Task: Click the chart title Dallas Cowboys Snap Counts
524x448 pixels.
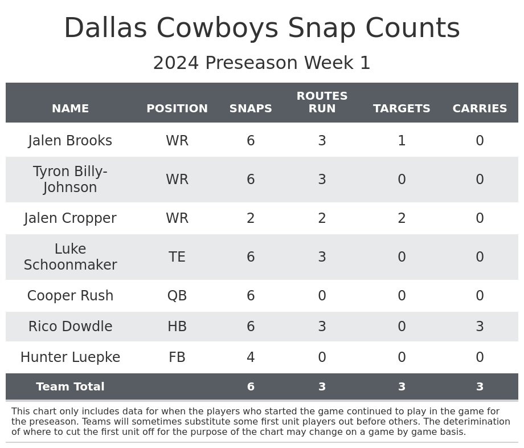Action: [261, 28]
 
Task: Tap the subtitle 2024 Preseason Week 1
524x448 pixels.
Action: [261, 63]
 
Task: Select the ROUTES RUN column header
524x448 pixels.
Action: [322, 103]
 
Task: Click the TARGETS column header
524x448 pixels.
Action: [402, 109]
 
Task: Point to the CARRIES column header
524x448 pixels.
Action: [480, 109]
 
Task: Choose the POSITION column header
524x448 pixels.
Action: [177, 109]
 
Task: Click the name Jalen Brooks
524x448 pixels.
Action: [70, 141]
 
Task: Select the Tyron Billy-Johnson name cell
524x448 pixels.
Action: [70, 180]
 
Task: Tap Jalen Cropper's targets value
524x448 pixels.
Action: [402, 218]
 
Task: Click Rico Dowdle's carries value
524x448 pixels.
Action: [480, 327]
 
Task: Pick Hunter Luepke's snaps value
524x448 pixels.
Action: [251, 357]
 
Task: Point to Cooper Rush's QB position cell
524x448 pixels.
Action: [177, 296]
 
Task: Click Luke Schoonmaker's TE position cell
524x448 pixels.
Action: [177, 257]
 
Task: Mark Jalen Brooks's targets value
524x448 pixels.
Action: [402, 141]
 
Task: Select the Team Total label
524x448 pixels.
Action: [70, 387]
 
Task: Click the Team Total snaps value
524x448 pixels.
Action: [251, 387]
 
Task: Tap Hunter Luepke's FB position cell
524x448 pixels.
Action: [177, 357]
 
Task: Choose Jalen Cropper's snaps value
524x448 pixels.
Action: [251, 218]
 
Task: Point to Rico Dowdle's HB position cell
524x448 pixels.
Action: [177, 327]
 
